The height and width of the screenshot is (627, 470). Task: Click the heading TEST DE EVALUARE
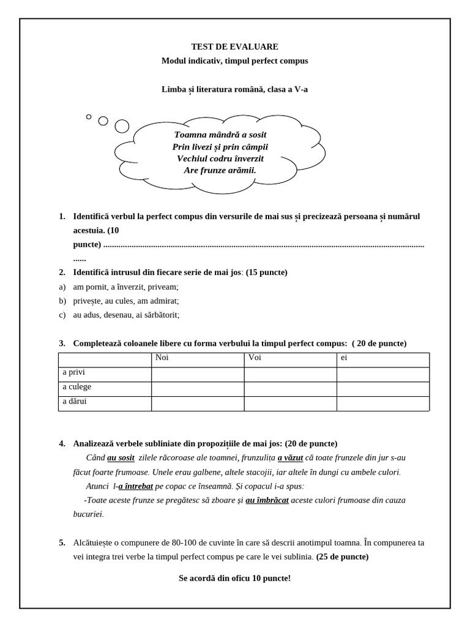pyautogui.click(x=234, y=47)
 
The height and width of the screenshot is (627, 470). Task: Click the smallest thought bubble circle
pyautogui.click(x=89, y=116)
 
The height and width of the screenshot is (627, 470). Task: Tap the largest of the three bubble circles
pyautogui.click(x=122, y=126)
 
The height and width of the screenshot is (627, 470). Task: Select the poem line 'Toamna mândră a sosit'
pyautogui.click(x=220, y=135)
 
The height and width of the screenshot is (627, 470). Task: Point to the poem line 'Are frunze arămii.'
pyautogui.click(x=220, y=170)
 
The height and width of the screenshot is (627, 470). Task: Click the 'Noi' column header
pyautogui.click(x=163, y=358)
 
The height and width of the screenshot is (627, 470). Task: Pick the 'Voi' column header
pyautogui.click(x=255, y=358)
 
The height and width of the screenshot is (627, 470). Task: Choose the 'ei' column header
pyautogui.click(x=344, y=358)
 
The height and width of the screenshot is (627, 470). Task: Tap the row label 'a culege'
pyautogui.click(x=76, y=387)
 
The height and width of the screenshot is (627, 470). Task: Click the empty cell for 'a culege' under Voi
pyautogui.click(x=290, y=389)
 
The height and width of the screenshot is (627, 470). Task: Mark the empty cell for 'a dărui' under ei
pyautogui.click(x=382, y=404)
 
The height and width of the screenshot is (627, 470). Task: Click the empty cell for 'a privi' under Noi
pyautogui.click(x=197, y=374)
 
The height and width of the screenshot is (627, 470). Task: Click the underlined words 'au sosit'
pyautogui.click(x=121, y=457)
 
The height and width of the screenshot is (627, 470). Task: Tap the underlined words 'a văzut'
pyautogui.click(x=290, y=457)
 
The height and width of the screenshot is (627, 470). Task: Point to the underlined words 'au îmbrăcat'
pyautogui.click(x=267, y=500)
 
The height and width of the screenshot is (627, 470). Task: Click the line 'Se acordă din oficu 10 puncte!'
pyautogui.click(x=234, y=578)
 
